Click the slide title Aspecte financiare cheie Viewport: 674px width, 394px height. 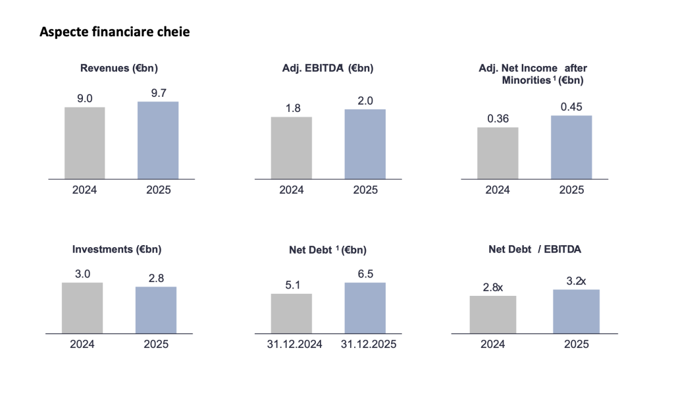pyautogui.click(x=115, y=31)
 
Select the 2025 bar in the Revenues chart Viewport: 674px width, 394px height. pyautogui.click(x=158, y=140)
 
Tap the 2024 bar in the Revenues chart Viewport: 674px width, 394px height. pyautogui.click(x=84, y=142)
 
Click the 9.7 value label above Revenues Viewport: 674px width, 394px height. pyautogui.click(x=158, y=93)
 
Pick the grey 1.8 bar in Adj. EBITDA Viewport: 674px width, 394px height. pyautogui.click(x=291, y=148)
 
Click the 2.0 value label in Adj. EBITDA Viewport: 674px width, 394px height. pyautogui.click(x=365, y=101)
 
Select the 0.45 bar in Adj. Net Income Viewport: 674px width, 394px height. pyautogui.click(x=571, y=147)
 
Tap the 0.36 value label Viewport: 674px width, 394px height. pyautogui.click(x=498, y=119)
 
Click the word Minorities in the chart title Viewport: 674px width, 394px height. pyautogui.click(x=525, y=80)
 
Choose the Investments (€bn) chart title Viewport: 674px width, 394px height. pyautogui.click(x=117, y=249)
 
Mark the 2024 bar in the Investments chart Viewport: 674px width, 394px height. pyautogui.click(x=82, y=308)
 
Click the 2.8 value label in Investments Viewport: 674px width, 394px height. pyautogui.click(x=155, y=278)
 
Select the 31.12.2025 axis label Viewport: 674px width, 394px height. pyautogui.click(x=365, y=345)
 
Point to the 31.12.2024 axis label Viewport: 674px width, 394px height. pyautogui.click(x=291, y=345)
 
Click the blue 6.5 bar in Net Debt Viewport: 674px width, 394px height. pyautogui.click(x=365, y=308)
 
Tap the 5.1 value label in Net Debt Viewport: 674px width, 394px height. pyautogui.click(x=291, y=285)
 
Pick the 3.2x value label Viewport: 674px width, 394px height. pyautogui.click(x=575, y=281)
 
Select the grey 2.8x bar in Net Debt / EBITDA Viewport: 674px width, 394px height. pyautogui.click(x=492, y=314)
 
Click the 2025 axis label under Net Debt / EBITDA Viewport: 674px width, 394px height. pyautogui.click(x=575, y=345)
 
